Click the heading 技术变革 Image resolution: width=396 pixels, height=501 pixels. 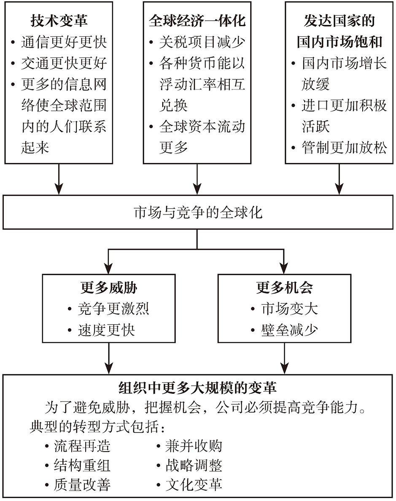pos(59,21)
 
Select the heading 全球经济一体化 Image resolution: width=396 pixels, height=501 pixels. pos(197,21)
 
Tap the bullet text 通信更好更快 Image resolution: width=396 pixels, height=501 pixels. pos(64,43)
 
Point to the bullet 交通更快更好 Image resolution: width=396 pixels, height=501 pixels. pos(64,63)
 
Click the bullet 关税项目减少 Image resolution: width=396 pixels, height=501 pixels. pos(202,43)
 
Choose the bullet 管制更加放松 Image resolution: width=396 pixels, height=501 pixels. pos(344,148)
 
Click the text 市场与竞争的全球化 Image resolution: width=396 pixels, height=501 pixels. pos(197,212)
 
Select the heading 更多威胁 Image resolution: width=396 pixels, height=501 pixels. pos(109,288)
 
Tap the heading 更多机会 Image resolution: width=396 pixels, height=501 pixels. pos(284,288)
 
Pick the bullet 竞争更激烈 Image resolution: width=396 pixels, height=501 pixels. pos(113,309)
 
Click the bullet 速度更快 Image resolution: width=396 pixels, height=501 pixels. pos(106,330)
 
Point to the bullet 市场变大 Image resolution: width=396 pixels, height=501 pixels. pos(289,309)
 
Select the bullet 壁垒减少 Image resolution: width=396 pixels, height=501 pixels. pos(289,330)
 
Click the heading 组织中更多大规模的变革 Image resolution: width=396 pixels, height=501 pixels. pos(197,387)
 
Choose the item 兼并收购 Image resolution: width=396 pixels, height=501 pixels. pos(194,446)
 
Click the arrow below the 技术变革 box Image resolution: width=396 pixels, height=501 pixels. pos(59,179)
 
